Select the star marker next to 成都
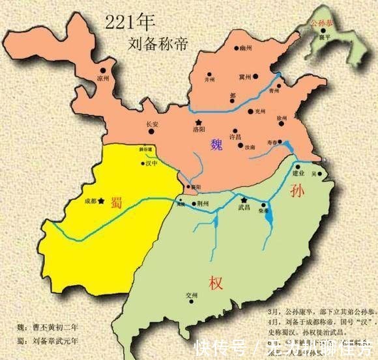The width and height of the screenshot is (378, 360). (100, 201)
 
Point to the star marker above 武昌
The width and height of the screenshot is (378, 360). (244, 201)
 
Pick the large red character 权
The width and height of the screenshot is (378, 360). (216, 283)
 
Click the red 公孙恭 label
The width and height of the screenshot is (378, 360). (322, 25)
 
